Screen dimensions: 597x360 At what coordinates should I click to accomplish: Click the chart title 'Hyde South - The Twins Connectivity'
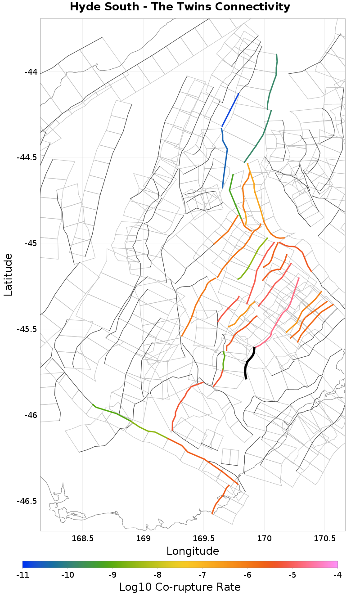pos(180,7)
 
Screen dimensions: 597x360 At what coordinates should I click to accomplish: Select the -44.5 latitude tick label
pos(27,157)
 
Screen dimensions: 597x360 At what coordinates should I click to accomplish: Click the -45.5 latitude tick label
pos(27,329)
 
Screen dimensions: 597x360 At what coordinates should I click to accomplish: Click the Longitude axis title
pos(193,551)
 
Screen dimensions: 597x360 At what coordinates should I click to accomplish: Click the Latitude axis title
pos(8,274)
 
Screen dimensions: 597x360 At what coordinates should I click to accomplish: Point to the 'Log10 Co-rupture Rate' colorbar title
pos(180,587)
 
